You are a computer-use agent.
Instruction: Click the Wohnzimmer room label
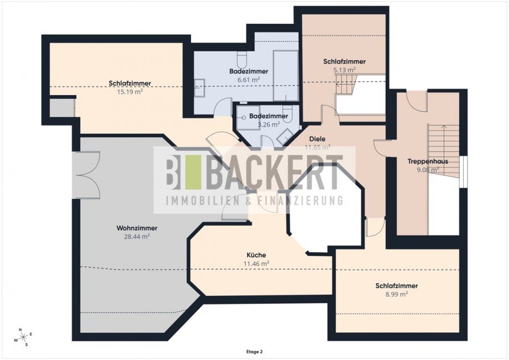tap(137, 228)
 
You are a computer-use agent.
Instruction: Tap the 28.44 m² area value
tap(137, 237)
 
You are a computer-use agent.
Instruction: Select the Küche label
tap(256, 255)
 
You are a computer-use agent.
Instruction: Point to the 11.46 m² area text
tap(256, 264)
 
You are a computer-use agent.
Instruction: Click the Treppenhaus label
tap(428, 161)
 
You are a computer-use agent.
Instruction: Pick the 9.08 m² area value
tap(428, 169)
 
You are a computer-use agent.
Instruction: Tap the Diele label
tap(317, 139)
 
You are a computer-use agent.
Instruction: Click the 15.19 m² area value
tap(130, 92)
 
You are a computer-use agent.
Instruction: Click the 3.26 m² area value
tap(268, 124)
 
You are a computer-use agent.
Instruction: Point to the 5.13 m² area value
tap(345, 70)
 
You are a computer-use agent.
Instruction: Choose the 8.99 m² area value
tap(396, 294)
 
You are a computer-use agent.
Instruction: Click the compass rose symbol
tap(23, 337)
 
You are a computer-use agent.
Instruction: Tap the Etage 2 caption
tap(254, 352)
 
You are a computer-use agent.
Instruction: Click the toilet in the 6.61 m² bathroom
tap(242, 59)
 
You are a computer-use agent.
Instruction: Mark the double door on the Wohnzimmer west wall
tap(86, 175)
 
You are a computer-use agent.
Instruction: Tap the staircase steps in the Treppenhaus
tap(443, 151)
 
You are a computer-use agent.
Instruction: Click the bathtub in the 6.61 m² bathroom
tap(285, 76)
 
